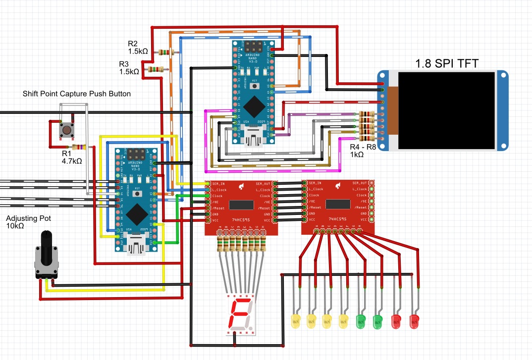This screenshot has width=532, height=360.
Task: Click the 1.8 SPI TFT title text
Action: [x=450, y=63]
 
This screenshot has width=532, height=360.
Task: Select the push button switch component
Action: [x=66, y=131]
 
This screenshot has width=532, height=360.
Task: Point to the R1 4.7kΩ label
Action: [x=71, y=157]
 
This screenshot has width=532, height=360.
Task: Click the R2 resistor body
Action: [x=165, y=51]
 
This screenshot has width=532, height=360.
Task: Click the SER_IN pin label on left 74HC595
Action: [x=220, y=183]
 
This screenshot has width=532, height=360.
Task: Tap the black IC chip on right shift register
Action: [x=338, y=205]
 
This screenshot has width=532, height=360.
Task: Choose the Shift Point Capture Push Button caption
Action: [x=77, y=94]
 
